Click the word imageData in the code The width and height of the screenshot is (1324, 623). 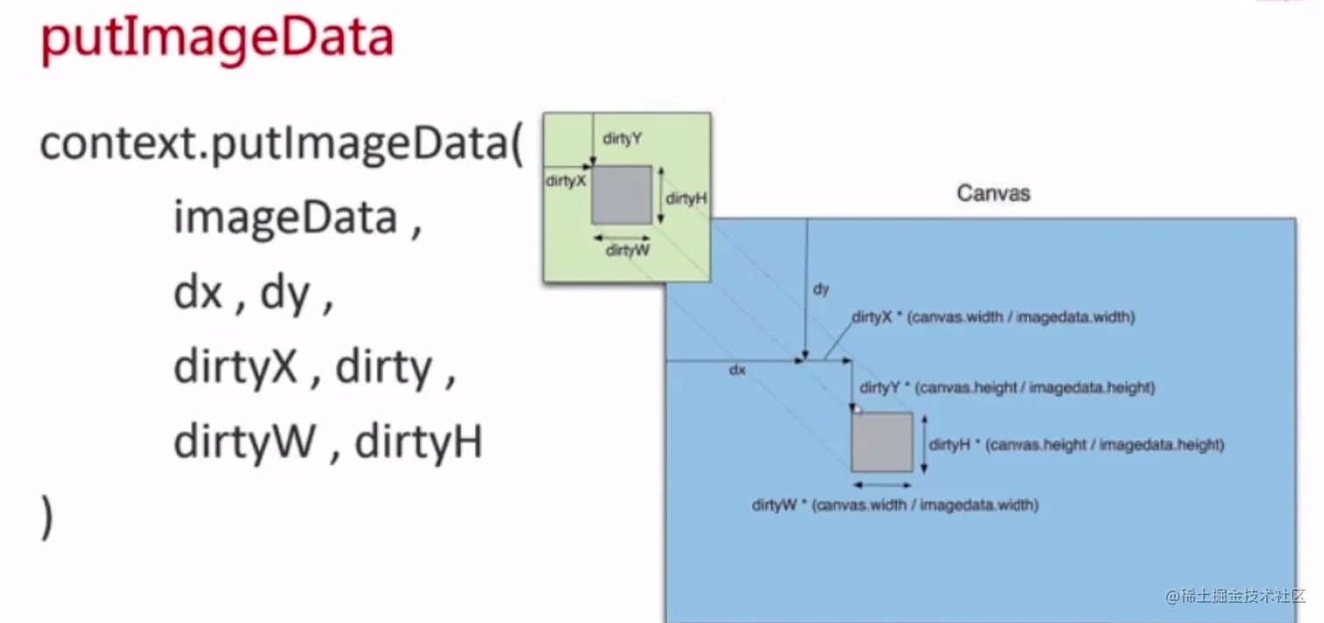tap(285, 217)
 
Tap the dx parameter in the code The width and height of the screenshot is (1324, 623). tap(198, 294)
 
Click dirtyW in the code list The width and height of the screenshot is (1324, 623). tap(244, 442)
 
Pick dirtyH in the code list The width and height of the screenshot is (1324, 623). tap(419, 442)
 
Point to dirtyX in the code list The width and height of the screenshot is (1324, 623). tap(236, 368)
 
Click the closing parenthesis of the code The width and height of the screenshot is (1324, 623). tap(47, 517)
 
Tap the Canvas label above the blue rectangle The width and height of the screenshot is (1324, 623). tap(993, 193)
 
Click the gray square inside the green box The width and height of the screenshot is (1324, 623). tap(621, 195)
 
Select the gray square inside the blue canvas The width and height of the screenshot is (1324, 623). tap(882, 442)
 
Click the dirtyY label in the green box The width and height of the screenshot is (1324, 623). tap(623, 138)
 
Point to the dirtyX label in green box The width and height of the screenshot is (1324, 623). tap(565, 181)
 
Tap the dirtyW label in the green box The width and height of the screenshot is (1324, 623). tap(628, 251)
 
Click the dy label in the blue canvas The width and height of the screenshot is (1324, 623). tap(820, 288)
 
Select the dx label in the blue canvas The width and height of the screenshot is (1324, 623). tap(737, 370)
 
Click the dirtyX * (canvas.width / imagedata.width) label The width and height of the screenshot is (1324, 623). tap(994, 317)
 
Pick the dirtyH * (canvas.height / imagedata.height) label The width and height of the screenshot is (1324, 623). tap(1076, 444)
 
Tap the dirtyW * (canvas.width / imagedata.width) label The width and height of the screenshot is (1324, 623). tap(895, 505)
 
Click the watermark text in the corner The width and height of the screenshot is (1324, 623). tap(1235, 597)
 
